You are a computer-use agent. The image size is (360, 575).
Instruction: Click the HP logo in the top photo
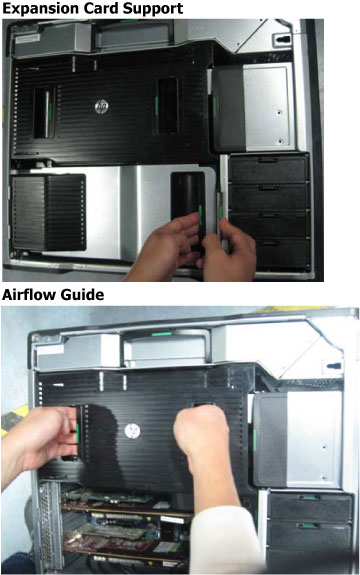(x=101, y=106)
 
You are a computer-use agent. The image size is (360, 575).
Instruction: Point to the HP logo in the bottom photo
(x=132, y=431)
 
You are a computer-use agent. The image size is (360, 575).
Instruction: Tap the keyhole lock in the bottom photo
(x=333, y=366)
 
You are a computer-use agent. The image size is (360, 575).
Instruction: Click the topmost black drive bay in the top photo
(x=268, y=169)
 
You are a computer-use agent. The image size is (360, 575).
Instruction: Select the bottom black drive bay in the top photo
(x=279, y=254)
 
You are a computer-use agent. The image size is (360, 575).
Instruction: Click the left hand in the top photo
(x=169, y=247)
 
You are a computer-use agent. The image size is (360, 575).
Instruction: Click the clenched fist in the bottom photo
(x=202, y=433)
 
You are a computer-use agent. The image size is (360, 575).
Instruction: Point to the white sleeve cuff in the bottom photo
(x=224, y=538)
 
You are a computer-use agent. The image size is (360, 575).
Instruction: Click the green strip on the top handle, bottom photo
(x=162, y=334)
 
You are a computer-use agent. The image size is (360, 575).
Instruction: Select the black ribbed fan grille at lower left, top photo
(x=48, y=212)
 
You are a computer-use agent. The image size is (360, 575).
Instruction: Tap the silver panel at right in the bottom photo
(x=314, y=439)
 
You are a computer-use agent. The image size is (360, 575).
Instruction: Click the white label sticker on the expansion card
(x=172, y=520)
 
